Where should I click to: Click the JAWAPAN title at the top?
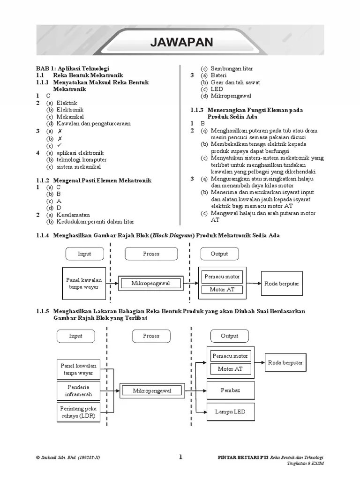pyautogui.click(x=181, y=43)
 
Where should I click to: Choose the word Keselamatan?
pyautogui.click(x=73, y=215)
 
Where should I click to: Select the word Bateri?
pyautogui.click(x=218, y=75)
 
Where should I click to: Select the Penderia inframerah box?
pyautogui.click(x=79, y=390)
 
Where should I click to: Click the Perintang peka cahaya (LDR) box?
pyautogui.click(x=79, y=412)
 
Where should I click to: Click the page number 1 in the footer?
pyautogui.click(x=180, y=457)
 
